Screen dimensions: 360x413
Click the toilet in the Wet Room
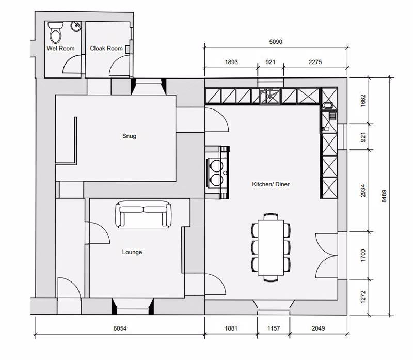[55, 33]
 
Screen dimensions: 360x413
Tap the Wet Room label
[60, 49]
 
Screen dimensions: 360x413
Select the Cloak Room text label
[106, 49]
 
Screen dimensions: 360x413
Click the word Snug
[129, 136]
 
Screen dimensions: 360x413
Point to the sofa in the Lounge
[143, 214]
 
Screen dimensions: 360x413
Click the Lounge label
[132, 252]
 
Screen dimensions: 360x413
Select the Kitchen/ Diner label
[271, 184]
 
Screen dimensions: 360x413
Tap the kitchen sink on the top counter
[268, 96]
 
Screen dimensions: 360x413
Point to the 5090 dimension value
[276, 42]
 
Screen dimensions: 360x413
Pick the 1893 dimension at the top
[231, 62]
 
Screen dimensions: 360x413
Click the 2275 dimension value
[315, 62]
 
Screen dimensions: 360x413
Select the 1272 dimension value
[363, 296]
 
